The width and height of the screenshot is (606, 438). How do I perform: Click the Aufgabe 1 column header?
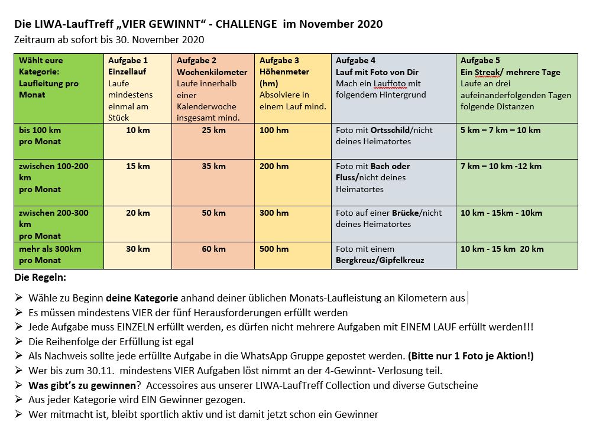[x=128, y=60]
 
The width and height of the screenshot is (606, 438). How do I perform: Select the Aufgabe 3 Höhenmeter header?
[x=279, y=60]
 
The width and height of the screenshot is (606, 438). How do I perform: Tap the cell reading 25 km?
[x=213, y=130]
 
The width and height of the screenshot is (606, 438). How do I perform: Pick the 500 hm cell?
[x=274, y=249]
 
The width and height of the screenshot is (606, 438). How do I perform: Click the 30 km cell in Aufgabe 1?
[x=138, y=249]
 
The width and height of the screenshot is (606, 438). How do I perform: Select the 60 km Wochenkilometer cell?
[x=213, y=249]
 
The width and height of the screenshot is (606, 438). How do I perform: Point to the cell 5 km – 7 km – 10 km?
[x=500, y=130]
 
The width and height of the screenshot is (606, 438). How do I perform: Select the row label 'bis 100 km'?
[x=40, y=130]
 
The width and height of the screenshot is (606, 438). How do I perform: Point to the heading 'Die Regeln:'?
[x=40, y=277]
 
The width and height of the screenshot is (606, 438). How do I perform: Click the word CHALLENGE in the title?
[x=246, y=24]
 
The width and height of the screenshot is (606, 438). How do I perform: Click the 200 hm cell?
[x=274, y=166]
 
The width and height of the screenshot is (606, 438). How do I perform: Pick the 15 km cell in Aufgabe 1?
[x=138, y=166]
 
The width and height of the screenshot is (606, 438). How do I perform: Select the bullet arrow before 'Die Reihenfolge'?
[x=19, y=341]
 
